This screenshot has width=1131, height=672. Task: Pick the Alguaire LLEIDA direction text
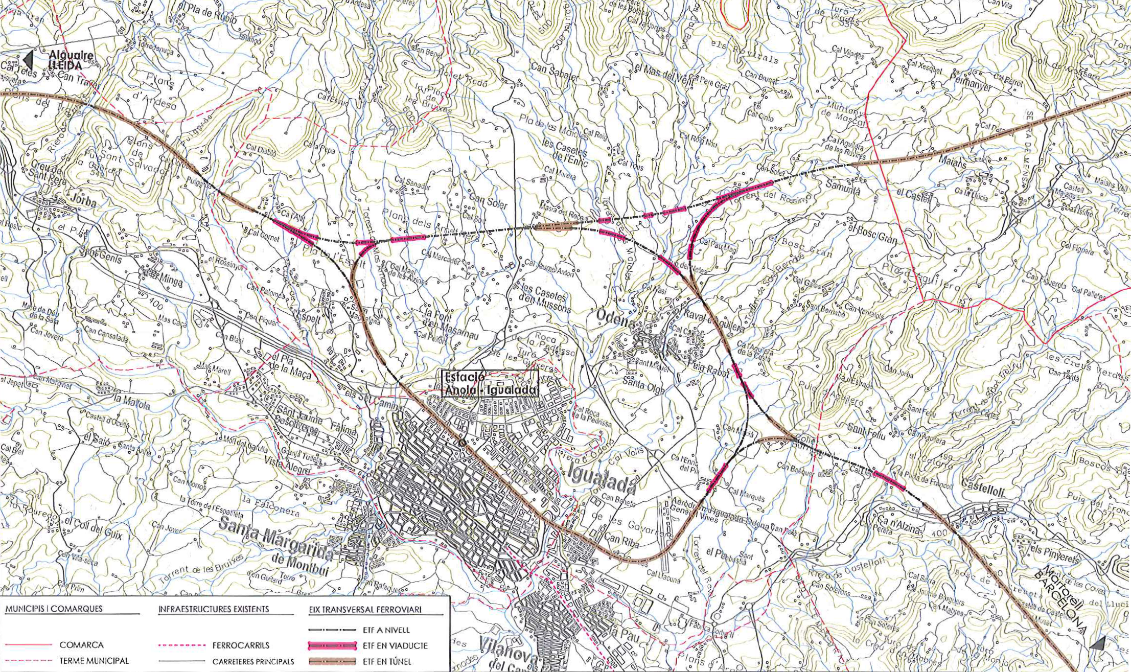pyautogui.click(x=72, y=60)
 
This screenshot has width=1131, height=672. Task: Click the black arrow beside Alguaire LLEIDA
pyautogui.click(x=28, y=60)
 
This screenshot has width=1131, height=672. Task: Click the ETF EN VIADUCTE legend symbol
pyautogui.click(x=332, y=646)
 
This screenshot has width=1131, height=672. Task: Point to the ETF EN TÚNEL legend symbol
pyautogui.click(x=332, y=661)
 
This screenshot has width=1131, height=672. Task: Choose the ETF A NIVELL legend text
pyautogui.click(x=386, y=630)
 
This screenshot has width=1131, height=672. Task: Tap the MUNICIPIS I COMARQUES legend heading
pyautogui.click(x=54, y=609)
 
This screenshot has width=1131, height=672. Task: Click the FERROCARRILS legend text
pyautogui.click(x=241, y=645)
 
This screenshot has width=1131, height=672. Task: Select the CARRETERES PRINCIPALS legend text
pyautogui.click(x=253, y=661)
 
